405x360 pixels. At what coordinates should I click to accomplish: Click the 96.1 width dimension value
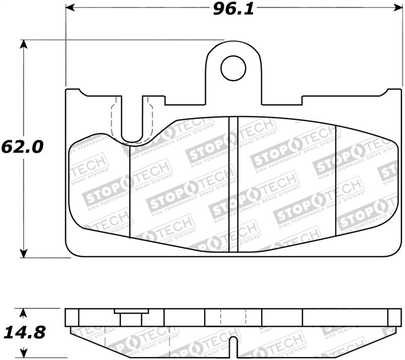233,9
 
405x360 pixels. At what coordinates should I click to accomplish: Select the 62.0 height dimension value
22,147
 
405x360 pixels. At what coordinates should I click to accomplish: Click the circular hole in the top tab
233,68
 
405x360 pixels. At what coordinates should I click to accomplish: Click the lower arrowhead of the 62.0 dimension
23,253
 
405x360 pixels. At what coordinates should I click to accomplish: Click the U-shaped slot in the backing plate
133,122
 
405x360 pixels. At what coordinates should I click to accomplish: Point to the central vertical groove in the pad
233,185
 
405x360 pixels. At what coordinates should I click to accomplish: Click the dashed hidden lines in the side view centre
233,317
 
